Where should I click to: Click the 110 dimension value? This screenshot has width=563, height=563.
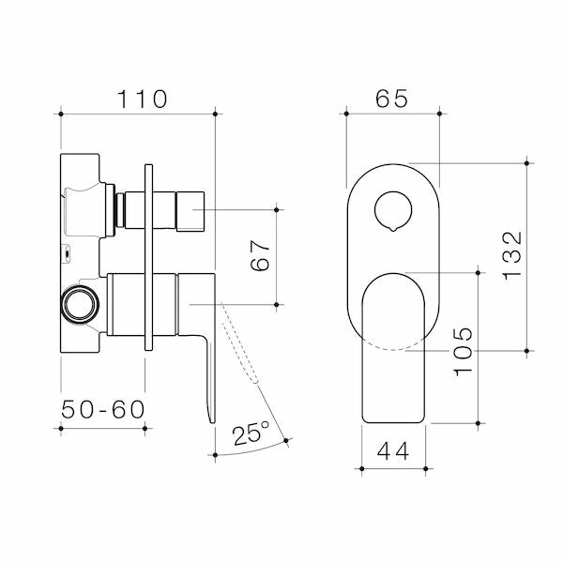pyautogui.click(x=139, y=98)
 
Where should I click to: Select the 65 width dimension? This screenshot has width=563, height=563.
pyautogui.click(x=392, y=98)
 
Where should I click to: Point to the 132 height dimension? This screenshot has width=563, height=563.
pyautogui.click(x=511, y=256)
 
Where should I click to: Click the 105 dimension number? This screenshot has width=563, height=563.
pyautogui.click(x=464, y=351)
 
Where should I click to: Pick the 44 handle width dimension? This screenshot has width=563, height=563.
pyautogui.click(x=394, y=451)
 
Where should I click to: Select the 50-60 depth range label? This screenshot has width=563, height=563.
pyautogui.click(x=102, y=410)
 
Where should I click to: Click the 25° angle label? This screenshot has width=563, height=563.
pyautogui.click(x=251, y=434)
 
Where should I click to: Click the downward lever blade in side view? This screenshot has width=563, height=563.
pyautogui.click(x=208, y=375)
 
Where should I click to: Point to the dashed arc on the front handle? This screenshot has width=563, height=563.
pyautogui.click(x=394, y=349)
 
